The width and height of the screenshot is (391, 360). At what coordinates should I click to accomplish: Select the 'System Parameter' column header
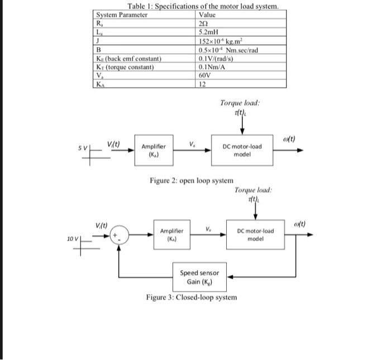(122, 15)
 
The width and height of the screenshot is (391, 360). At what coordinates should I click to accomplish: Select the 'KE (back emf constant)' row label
(130, 59)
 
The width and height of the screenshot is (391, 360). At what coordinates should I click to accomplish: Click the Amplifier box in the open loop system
(153, 150)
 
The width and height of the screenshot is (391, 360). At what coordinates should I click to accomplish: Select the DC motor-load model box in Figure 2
(242, 150)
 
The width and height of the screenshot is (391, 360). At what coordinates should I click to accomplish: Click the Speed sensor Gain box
(199, 276)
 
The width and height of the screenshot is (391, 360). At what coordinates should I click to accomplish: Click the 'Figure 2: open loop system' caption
(192, 181)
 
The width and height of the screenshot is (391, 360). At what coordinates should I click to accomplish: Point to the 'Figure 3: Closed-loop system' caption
(191, 297)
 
